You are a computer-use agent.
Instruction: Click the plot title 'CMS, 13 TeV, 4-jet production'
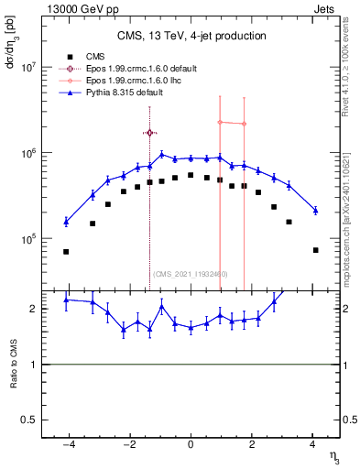click(x=191, y=36)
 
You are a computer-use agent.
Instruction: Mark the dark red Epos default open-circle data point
click(x=150, y=133)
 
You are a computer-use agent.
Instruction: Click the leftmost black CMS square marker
click(x=66, y=252)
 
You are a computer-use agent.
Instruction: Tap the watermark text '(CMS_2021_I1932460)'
click(x=191, y=273)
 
